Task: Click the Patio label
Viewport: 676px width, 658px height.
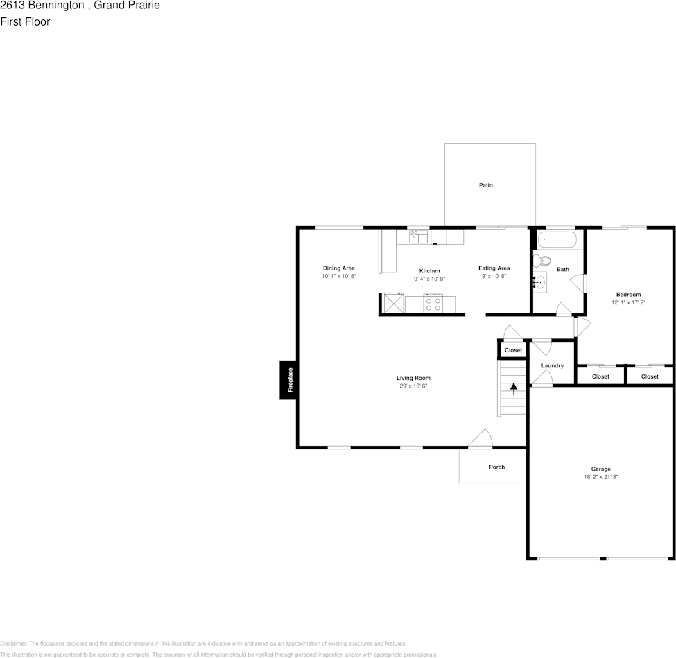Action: point(485,185)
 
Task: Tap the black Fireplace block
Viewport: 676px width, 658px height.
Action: point(288,380)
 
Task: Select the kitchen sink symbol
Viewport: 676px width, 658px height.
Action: point(417,236)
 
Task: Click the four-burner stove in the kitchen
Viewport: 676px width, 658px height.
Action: point(433,304)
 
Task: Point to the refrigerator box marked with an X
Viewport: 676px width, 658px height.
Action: point(394,304)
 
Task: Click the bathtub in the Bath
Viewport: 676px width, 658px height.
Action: point(557,241)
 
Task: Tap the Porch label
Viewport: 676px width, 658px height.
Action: point(496,467)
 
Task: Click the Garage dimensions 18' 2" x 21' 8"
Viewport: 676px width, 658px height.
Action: point(600,478)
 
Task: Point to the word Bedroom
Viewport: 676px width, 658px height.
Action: point(628,295)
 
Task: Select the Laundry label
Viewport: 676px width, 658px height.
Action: point(552,365)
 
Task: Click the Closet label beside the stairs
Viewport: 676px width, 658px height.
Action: point(513,350)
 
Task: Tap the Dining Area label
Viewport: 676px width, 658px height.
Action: point(338,268)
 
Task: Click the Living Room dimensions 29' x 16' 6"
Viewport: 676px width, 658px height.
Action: point(413,386)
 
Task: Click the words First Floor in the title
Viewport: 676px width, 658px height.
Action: point(25,21)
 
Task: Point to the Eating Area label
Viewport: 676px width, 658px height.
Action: point(494,268)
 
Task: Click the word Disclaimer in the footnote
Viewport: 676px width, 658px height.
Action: point(13,643)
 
